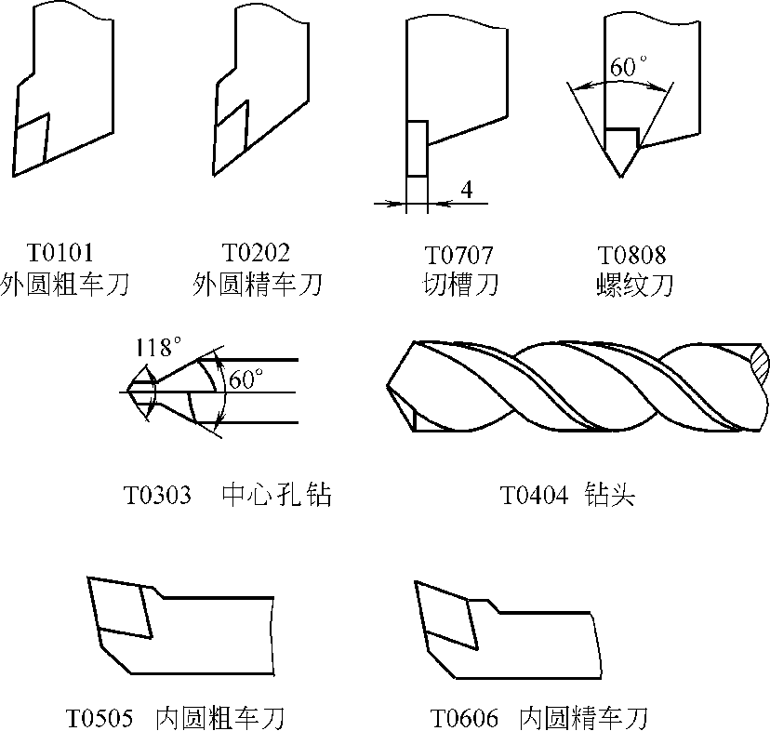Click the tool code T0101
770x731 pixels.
(x=61, y=253)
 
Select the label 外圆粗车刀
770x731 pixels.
(x=64, y=284)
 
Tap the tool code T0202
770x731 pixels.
(x=256, y=253)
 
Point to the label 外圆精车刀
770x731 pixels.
(x=258, y=284)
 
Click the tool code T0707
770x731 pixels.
(x=458, y=255)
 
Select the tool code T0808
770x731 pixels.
(x=632, y=255)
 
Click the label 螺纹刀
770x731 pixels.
(x=634, y=284)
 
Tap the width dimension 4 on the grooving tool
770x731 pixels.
(x=466, y=190)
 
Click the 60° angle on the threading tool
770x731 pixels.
(x=629, y=68)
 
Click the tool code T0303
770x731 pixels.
(x=157, y=495)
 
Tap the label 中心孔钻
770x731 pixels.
(x=277, y=495)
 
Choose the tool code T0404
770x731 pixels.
(x=534, y=495)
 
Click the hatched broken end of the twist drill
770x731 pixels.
(x=759, y=363)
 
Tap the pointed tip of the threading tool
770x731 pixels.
(x=620, y=174)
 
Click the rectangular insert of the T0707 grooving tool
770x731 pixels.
(x=417, y=149)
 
